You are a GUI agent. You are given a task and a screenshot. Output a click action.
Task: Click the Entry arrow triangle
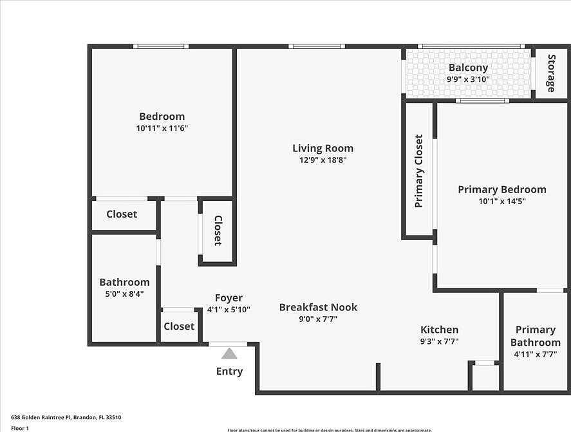pyautogui.click(x=229, y=353)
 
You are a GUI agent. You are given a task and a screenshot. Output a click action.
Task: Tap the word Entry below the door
pyautogui.click(x=229, y=371)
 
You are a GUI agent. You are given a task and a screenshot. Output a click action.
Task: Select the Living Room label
pyautogui.click(x=323, y=148)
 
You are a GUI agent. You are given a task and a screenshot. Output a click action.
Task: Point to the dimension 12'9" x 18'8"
pyautogui.click(x=323, y=160)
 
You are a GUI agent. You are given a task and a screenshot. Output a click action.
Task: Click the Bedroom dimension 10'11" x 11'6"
pyautogui.click(x=162, y=128)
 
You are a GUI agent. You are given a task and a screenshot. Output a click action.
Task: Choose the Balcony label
pyautogui.click(x=468, y=68)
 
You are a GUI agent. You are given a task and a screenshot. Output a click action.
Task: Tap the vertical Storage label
pyautogui.click(x=551, y=73)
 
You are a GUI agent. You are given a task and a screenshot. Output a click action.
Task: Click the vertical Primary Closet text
pyautogui.click(x=419, y=171)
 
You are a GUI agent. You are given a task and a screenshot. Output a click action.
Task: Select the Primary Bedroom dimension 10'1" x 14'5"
pyautogui.click(x=501, y=202)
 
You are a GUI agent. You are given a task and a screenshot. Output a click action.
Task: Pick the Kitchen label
pyautogui.click(x=439, y=330)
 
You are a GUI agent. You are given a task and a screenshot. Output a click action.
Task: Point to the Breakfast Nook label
pyautogui.click(x=318, y=307)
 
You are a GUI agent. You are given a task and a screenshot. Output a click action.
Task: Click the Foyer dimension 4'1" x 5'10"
pyautogui.click(x=229, y=310)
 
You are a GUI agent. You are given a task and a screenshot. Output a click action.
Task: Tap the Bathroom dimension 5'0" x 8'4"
pyautogui.click(x=124, y=294)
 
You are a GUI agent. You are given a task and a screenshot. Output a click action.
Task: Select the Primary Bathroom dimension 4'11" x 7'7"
pyautogui.click(x=535, y=354)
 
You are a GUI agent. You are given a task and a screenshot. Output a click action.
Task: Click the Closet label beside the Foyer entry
pyautogui.click(x=179, y=326)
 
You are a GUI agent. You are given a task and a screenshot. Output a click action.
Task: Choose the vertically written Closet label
pyautogui.click(x=218, y=230)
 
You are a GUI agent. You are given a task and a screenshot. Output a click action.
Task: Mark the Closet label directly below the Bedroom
pyautogui.click(x=122, y=214)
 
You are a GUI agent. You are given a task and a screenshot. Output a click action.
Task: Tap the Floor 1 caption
pyautogui.click(x=20, y=427)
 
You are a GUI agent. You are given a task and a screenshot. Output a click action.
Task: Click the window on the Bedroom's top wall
pyautogui.click(x=161, y=46)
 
